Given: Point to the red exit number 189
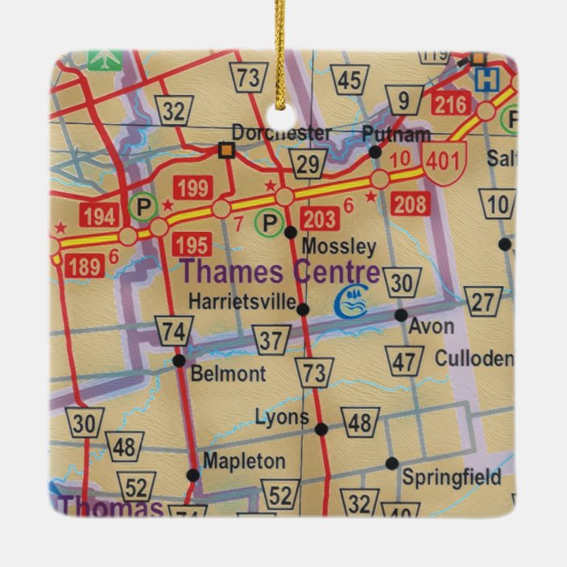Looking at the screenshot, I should [85, 266].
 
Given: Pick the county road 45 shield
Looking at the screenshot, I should [349, 81].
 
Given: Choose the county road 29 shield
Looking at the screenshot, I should [307, 165].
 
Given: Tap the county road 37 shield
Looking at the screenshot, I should [271, 340].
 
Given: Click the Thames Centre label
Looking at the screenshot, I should [279, 271].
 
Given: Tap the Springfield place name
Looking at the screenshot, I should [451, 477].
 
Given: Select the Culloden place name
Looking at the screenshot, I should [474, 358].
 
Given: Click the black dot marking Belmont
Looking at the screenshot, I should [179, 361].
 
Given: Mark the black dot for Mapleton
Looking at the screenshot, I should [192, 475].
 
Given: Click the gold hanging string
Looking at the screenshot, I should [279, 48].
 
